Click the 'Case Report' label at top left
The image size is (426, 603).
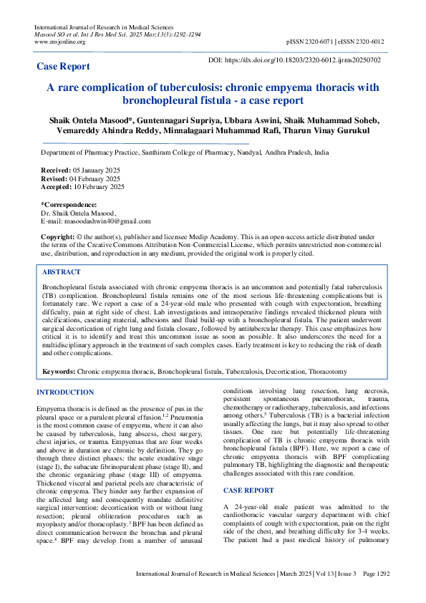coord(63,66)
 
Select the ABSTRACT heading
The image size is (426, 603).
coord(61,272)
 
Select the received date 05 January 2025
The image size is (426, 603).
coord(92,170)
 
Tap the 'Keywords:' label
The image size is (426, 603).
coord(59,372)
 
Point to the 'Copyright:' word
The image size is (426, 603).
coord(57,236)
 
